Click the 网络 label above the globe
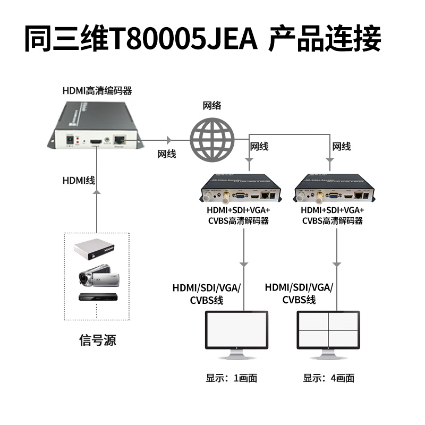212,105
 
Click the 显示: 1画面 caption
232,378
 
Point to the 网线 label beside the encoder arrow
167,154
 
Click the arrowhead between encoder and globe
169,140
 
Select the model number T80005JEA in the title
183,38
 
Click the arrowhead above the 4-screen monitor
336,264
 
